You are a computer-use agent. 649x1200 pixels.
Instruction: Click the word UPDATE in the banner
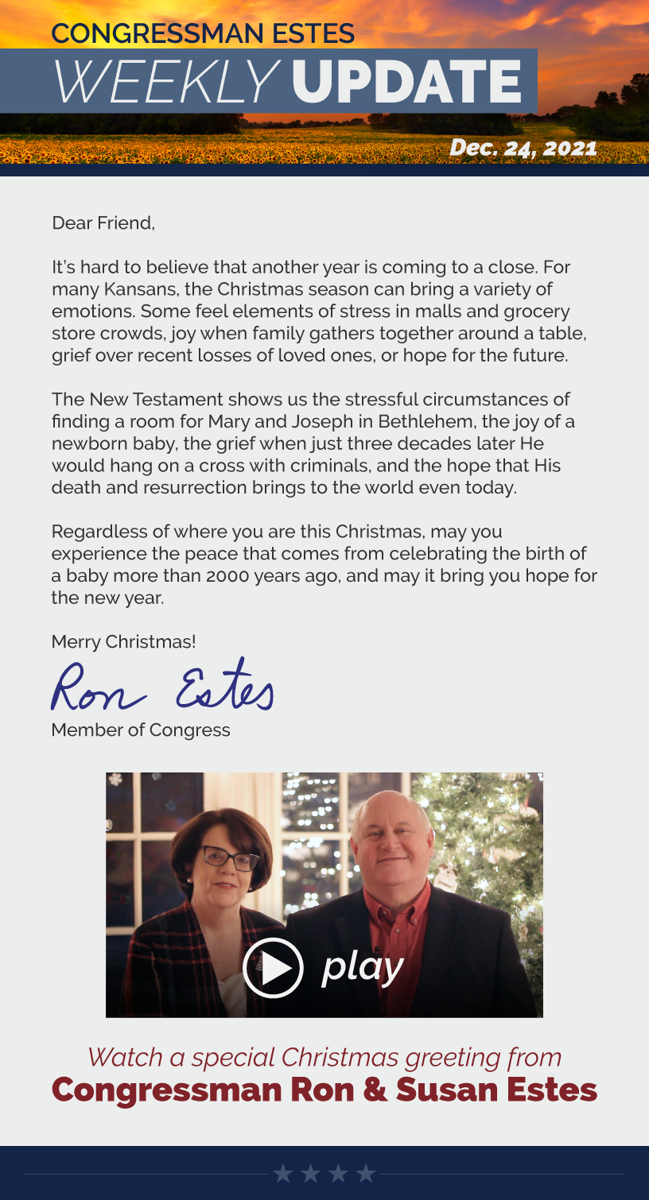coord(407,83)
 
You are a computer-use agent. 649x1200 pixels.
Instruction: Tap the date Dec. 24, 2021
coord(523,148)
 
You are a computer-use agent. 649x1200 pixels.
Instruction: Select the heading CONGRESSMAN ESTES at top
coord(203,33)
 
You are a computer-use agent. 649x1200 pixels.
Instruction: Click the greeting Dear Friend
coord(103,223)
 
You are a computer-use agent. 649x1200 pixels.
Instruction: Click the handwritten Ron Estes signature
coord(162,686)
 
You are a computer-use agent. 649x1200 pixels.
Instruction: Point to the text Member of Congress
coord(141,730)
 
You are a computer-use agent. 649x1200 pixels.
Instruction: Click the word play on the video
coord(363,967)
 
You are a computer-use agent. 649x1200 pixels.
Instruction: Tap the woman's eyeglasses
coord(230,857)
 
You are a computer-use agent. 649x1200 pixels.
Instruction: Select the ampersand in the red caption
coord(375,1090)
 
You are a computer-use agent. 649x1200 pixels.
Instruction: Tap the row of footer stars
coord(324,1173)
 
